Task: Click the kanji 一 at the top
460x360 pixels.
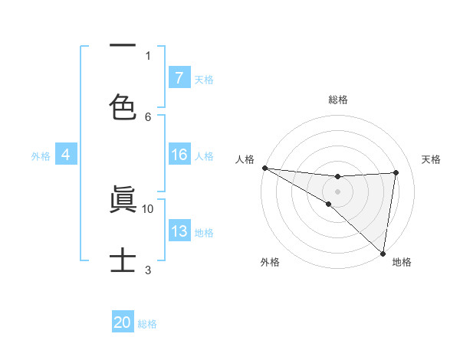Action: pyautogui.click(x=123, y=45)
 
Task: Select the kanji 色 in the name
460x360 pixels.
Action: pyautogui.click(x=123, y=106)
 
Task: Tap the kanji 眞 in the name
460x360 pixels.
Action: pyautogui.click(x=123, y=199)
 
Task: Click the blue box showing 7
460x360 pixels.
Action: pyautogui.click(x=179, y=77)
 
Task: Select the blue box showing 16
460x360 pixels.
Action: pyautogui.click(x=179, y=155)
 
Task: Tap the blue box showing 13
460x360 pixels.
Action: pyautogui.click(x=179, y=231)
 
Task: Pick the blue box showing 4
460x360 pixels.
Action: pyautogui.click(x=66, y=155)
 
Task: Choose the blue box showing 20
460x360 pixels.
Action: pyautogui.click(x=123, y=322)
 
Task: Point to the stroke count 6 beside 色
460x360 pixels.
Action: pyautogui.click(x=148, y=116)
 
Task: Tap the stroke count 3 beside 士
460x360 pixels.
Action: pyautogui.click(x=148, y=270)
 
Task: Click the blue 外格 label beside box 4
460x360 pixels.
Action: pyautogui.click(x=41, y=155)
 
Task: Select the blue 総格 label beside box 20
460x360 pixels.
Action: pyautogui.click(x=147, y=324)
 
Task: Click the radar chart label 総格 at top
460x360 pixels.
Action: pyautogui.click(x=337, y=100)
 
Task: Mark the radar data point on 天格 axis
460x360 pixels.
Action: pyautogui.click(x=396, y=172)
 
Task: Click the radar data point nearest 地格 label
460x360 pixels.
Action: pyautogui.click(x=383, y=253)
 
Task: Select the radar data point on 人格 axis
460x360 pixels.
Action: pyautogui.click(x=264, y=168)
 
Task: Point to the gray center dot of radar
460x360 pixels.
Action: pyautogui.click(x=337, y=191)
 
